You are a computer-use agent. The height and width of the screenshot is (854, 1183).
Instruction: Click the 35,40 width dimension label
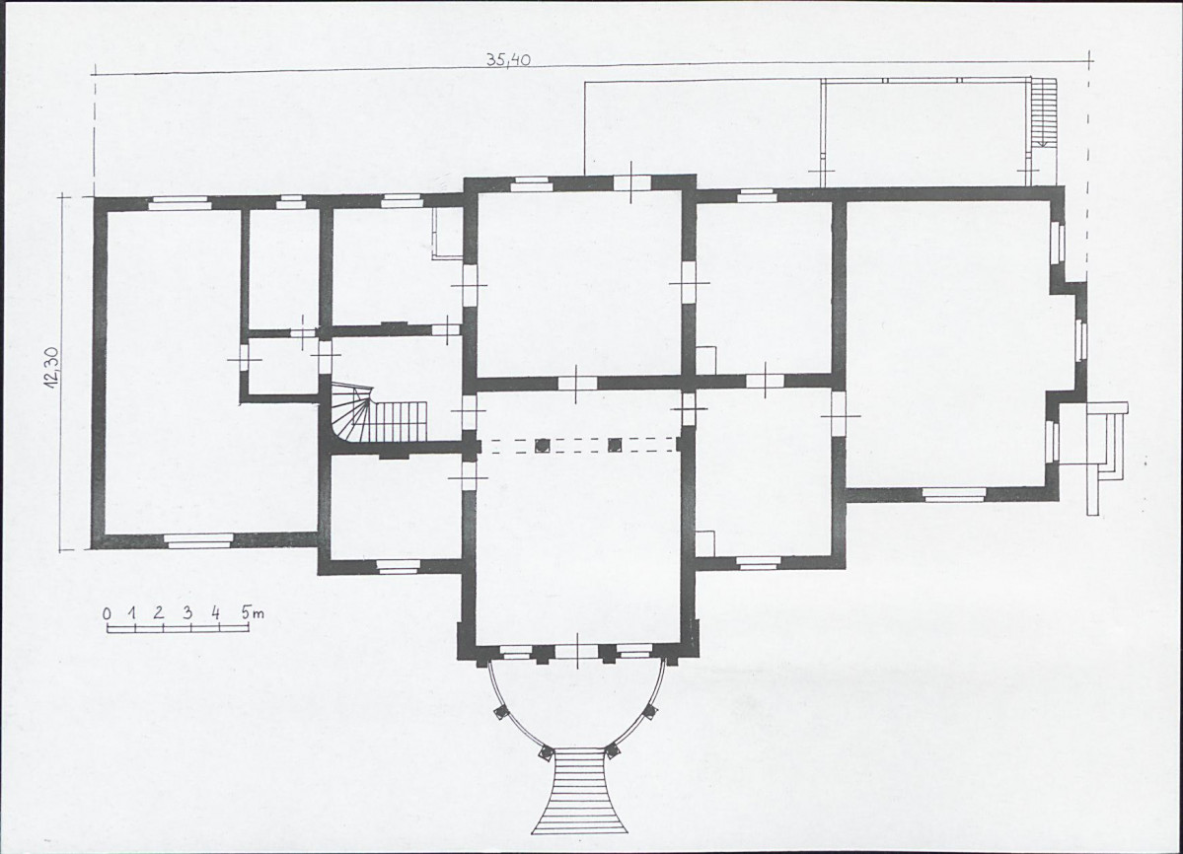[x=508, y=59]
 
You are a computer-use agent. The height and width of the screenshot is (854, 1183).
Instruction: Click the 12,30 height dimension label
[x=51, y=371]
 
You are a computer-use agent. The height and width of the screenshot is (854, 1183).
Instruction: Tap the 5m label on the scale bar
[x=252, y=612]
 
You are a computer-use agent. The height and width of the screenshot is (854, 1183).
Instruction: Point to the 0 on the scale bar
[x=108, y=613]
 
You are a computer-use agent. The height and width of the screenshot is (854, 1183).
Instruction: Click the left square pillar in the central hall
[x=542, y=445]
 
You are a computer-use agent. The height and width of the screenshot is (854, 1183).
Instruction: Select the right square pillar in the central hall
[x=615, y=445]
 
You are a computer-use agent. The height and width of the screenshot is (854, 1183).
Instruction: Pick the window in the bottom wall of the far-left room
[x=199, y=539]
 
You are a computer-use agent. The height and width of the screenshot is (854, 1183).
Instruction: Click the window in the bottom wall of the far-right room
[x=955, y=494]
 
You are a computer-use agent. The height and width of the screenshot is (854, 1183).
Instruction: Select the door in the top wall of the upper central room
[x=631, y=182]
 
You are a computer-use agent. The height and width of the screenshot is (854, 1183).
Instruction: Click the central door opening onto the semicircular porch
[x=578, y=652]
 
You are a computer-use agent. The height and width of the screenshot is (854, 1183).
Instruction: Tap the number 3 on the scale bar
[x=186, y=612]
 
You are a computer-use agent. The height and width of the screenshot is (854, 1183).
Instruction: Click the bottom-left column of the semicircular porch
[x=545, y=751]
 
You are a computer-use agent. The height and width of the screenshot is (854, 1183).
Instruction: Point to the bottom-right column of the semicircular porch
[x=612, y=750]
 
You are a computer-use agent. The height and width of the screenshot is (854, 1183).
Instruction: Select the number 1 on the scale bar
[x=132, y=612]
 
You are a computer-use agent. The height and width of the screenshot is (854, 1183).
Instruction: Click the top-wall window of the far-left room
[x=179, y=201]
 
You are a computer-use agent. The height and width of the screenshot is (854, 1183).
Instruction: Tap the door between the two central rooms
[x=576, y=382]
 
